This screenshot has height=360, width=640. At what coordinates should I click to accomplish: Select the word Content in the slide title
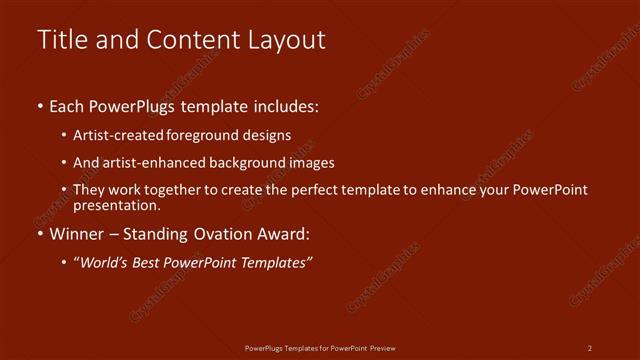(x=187, y=40)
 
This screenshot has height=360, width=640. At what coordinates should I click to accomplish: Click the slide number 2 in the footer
(x=590, y=347)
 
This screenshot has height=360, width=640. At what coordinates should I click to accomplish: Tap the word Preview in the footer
(x=383, y=347)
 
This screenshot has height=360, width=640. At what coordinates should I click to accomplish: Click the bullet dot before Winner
(x=40, y=236)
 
